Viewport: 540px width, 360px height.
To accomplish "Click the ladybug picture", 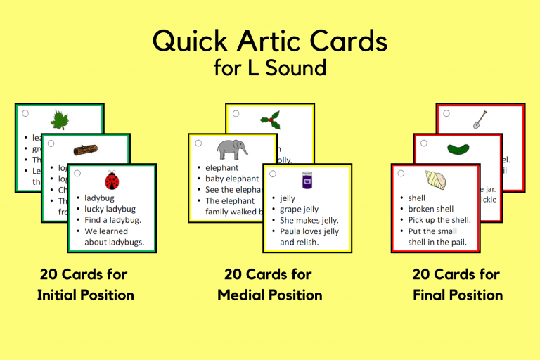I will (x=111, y=181).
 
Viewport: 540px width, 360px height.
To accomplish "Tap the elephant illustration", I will (x=233, y=149).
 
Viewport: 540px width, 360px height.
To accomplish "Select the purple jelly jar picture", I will (x=307, y=181).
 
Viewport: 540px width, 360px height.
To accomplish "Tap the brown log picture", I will (x=85, y=150).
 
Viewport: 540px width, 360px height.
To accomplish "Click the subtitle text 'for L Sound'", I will (x=270, y=68).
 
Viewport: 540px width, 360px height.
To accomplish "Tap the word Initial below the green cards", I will (x=65, y=295).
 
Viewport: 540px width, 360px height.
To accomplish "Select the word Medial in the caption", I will (x=245, y=295).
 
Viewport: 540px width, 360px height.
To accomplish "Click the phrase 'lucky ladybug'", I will (x=111, y=209).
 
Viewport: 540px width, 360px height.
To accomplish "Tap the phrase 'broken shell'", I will (x=431, y=209).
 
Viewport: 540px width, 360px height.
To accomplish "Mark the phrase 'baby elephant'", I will (x=232, y=179).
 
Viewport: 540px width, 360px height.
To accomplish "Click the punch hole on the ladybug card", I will (x=77, y=173).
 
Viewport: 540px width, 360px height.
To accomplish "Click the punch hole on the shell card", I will (x=401, y=173).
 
